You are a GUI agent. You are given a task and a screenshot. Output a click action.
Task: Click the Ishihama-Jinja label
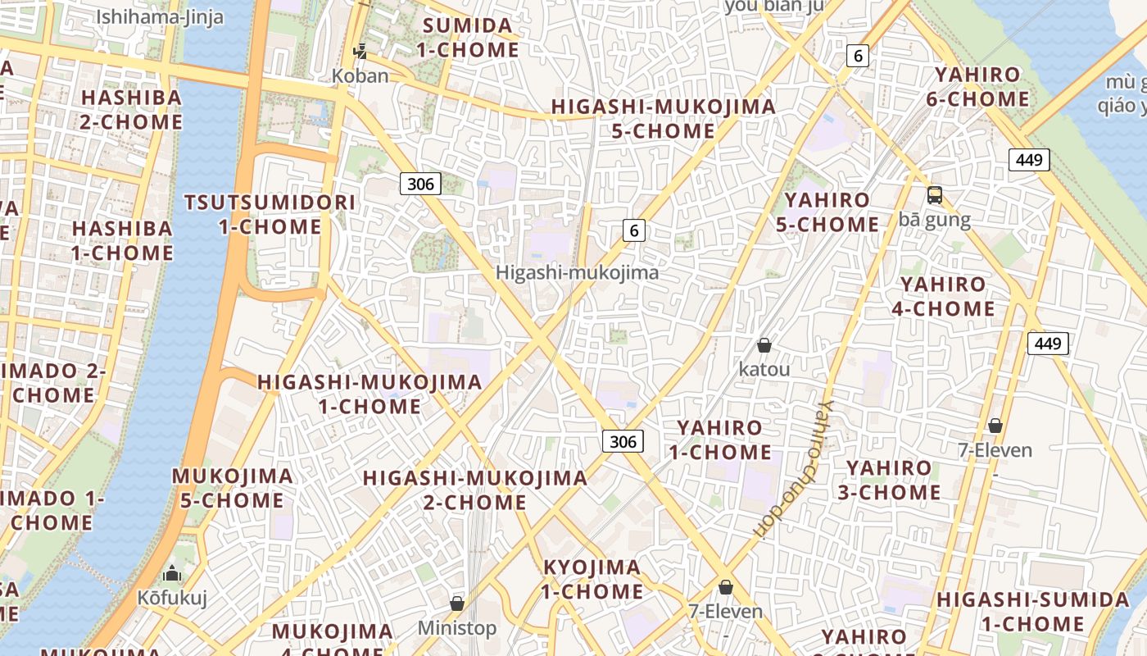pyautogui.click(x=160, y=17)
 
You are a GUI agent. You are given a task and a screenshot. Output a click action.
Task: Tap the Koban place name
pyautogui.click(x=360, y=75)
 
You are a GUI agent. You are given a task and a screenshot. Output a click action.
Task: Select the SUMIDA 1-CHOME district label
pyautogui.click(x=468, y=38)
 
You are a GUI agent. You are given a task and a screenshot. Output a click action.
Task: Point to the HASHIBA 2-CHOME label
pyautogui.click(x=131, y=110)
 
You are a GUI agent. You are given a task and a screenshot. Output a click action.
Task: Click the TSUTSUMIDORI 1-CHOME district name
pyautogui.click(x=270, y=214)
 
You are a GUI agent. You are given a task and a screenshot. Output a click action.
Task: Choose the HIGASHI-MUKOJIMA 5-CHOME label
pyautogui.click(x=663, y=119)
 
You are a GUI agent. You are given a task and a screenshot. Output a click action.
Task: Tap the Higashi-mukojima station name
pyautogui.click(x=577, y=273)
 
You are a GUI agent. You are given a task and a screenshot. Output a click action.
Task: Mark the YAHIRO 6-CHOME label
pyautogui.click(x=982, y=87)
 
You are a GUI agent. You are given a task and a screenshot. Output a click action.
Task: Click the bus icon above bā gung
pyautogui.click(x=934, y=195)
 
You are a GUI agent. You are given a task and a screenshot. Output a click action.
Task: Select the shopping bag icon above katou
pyautogui.click(x=764, y=345)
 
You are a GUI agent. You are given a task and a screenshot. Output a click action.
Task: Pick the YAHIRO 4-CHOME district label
pyautogui.click(x=947, y=297)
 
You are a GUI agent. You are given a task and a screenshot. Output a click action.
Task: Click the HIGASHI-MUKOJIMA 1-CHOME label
pyautogui.click(x=369, y=394)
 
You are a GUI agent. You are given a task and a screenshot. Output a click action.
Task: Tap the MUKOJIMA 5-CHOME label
pyautogui.click(x=232, y=488)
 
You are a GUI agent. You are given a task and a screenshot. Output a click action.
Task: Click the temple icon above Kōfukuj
pyautogui.click(x=172, y=572)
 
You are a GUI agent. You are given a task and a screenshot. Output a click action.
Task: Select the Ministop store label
pyautogui.click(x=457, y=628)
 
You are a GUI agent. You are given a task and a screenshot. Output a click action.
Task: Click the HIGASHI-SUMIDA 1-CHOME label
pyautogui.click(x=1032, y=611)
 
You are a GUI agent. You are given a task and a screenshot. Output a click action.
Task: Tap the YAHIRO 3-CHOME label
pyautogui.click(x=889, y=481)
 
